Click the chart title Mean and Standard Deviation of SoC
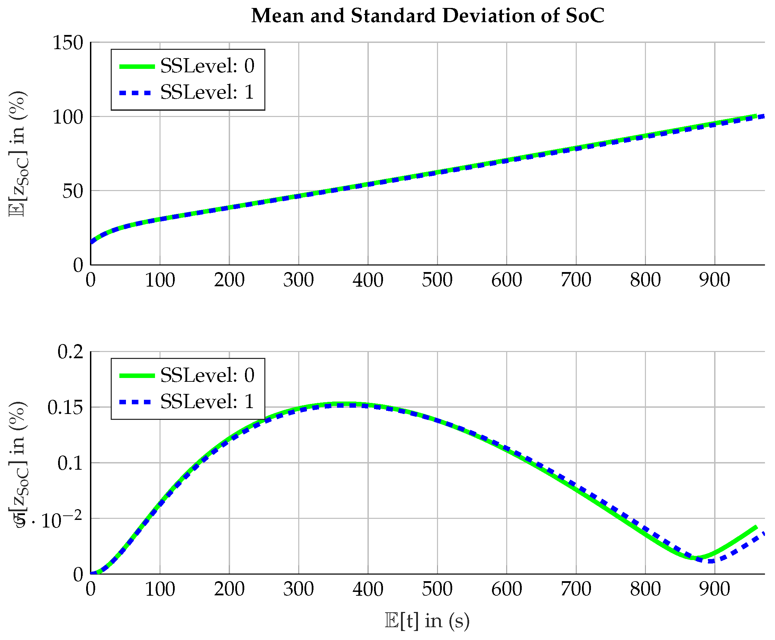428,16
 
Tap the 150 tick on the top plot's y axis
68,43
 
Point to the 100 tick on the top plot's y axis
68,117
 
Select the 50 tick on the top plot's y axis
73,191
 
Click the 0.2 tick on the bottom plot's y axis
70,352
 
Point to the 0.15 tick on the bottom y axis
65,408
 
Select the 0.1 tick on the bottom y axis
70,463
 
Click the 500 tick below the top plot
437,280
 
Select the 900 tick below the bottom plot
714,589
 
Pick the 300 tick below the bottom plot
298,589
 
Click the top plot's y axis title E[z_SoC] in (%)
18,154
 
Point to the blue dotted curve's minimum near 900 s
711,561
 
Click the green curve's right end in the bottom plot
756,528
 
